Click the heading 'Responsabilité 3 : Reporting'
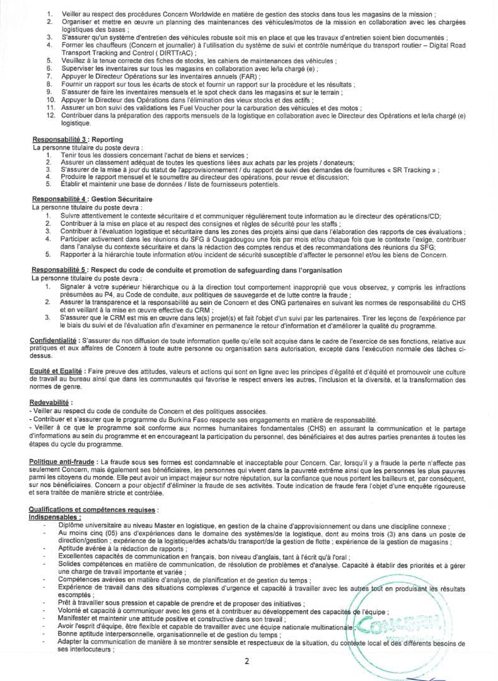[x=76, y=139]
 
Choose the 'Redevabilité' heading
[x=51, y=402]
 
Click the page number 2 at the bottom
[x=247, y=661]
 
